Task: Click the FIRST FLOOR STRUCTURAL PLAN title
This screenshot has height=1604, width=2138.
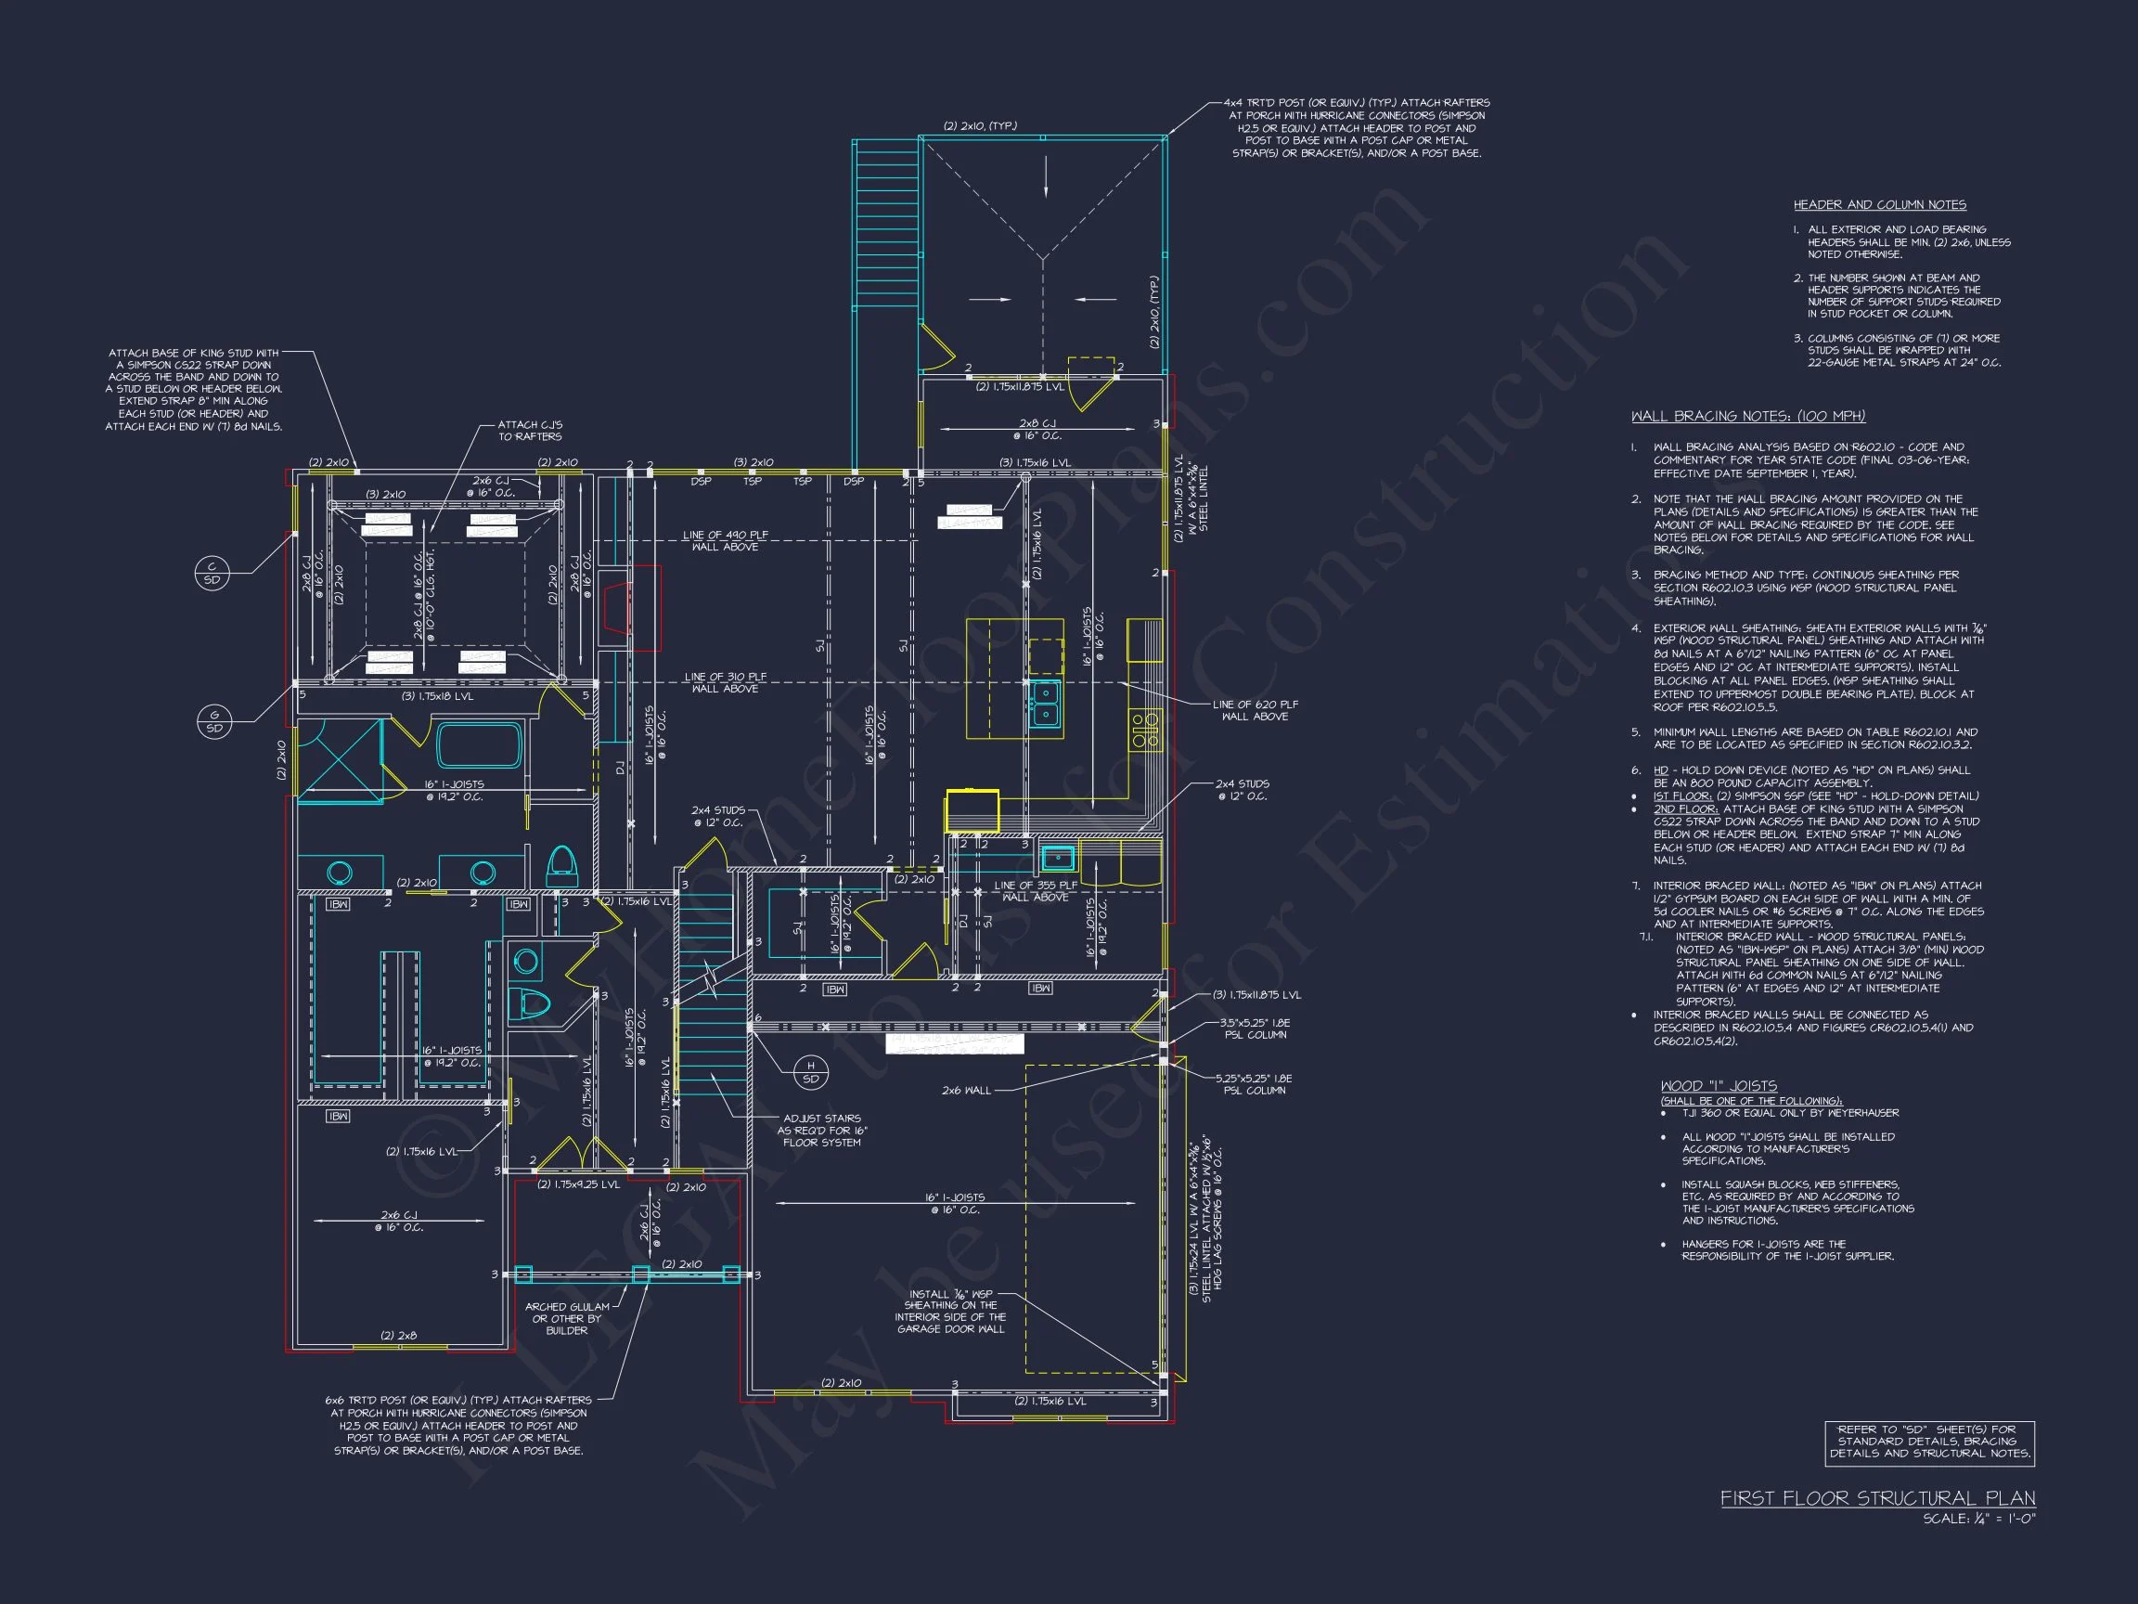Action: (x=1877, y=1498)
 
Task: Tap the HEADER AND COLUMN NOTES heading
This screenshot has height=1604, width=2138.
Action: (x=1879, y=205)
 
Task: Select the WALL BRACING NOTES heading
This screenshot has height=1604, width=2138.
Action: (x=1747, y=417)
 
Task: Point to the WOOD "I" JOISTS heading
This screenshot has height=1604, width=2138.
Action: (x=1719, y=1086)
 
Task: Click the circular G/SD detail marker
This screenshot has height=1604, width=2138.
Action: (x=213, y=722)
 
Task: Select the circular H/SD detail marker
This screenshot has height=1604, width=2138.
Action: (x=810, y=1072)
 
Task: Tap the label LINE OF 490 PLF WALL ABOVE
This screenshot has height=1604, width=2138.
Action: (x=725, y=540)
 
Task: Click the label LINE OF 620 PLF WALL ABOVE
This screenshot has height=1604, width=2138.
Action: (x=1255, y=711)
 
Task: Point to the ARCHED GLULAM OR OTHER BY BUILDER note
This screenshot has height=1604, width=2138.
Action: (x=566, y=1318)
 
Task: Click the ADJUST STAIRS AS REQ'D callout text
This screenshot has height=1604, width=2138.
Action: (x=821, y=1131)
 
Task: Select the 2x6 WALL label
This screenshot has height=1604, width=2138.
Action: (x=966, y=1091)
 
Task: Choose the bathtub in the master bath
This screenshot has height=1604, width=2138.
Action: (x=480, y=745)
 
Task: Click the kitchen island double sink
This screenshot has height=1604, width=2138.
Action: (x=1044, y=703)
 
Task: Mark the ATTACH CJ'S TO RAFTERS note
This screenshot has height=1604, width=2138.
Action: (x=530, y=431)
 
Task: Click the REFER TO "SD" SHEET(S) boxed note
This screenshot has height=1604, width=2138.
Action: (x=1929, y=1441)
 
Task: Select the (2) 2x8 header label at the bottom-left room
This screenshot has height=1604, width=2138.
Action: (x=398, y=1335)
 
